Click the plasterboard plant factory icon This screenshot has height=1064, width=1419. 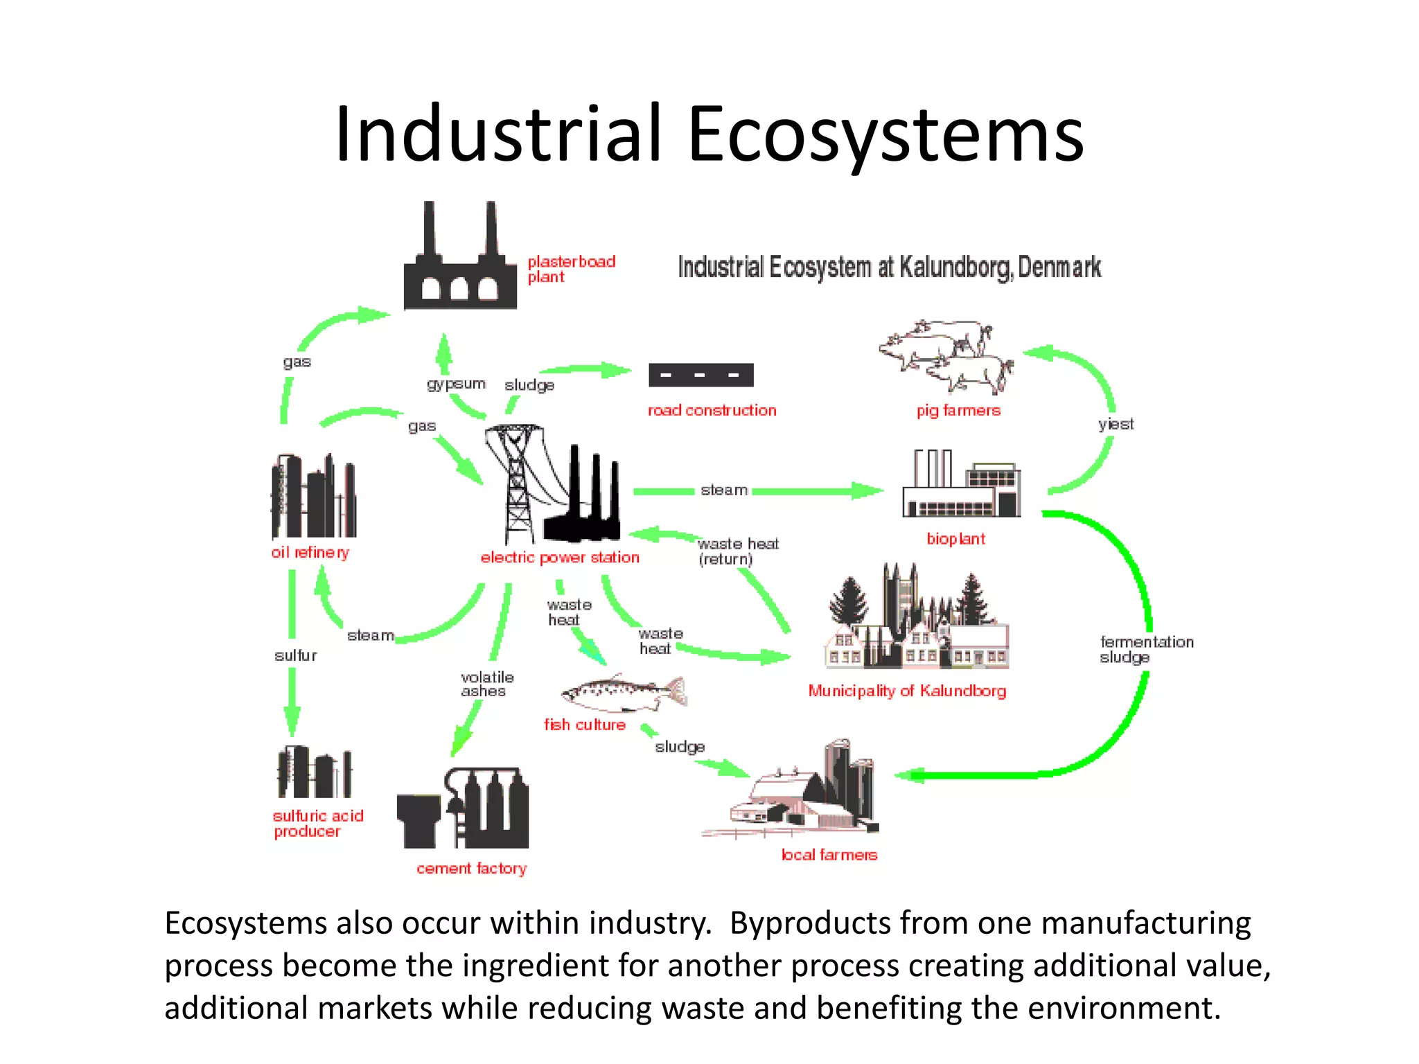[x=460, y=263]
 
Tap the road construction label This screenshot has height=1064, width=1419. [x=712, y=411]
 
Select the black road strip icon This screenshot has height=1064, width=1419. [x=700, y=375]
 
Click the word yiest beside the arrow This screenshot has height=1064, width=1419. [x=1116, y=425]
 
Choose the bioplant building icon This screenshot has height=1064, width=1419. [x=961, y=485]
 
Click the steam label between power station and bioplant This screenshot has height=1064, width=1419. [x=723, y=490]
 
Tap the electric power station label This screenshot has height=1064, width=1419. [x=560, y=558]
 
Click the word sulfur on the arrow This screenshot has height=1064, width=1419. [x=295, y=655]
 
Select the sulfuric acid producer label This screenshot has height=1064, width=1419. [x=317, y=824]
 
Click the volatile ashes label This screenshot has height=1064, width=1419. [x=486, y=684]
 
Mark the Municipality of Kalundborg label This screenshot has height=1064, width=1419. [x=906, y=691]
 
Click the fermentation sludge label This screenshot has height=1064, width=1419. [x=1146, y=650]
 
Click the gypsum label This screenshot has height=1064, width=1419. [x=455, y=384]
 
